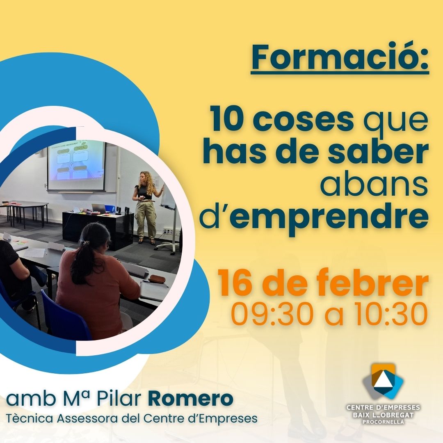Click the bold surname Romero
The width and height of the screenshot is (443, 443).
[191, 399]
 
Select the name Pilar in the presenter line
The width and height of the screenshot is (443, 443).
[119, 399]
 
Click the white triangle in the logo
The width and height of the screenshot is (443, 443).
[382, 379]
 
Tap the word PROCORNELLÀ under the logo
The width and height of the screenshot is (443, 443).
[383, 422]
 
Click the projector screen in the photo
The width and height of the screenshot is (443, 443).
[76, 165]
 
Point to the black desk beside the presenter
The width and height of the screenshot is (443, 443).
[98, 229]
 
